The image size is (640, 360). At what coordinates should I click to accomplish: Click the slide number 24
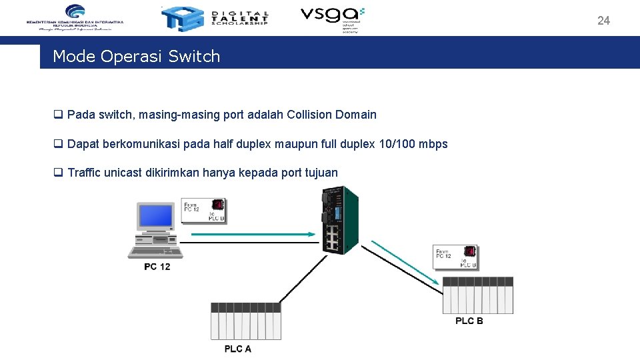pyautogui.click(x=603, y=21)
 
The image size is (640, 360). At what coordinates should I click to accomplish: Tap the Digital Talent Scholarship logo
pyautogui.click(x=215, y=17)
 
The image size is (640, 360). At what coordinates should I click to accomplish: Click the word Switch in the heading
pyautogui.click(x=194, y=57)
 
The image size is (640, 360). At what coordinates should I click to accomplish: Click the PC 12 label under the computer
pyautogui.click(x=157, y=267)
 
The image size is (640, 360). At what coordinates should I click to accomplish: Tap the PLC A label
pyautogui.click(x=238, y=349)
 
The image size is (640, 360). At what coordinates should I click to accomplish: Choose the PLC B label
pyautogui.click(x=469, y=321)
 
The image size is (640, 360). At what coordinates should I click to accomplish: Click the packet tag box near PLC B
pyautogui.click(x=455, y=257)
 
